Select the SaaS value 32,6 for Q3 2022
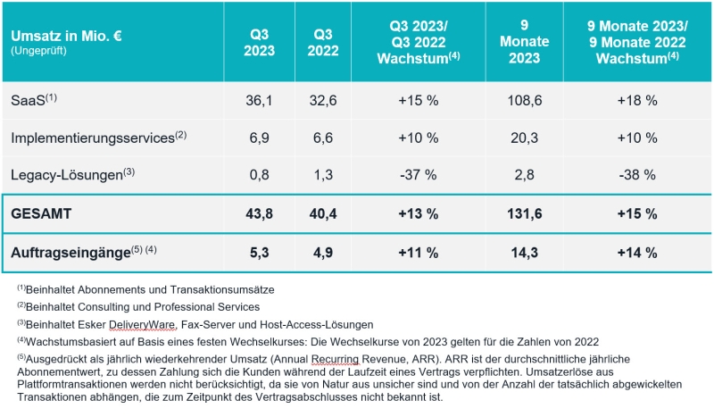pos(322,100)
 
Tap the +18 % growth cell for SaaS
pos(638,100)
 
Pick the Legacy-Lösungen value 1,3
pos(322,174)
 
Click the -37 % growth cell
pos(416,174)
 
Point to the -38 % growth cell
pos(638,174)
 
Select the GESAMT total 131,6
pos(524,214)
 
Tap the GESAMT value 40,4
pos(322,214)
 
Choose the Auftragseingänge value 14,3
pos(524,252)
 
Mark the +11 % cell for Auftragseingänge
pos(416,252)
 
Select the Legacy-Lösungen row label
pos(65,174)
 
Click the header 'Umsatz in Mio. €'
pos(68,36)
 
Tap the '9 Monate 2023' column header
pos(524,41)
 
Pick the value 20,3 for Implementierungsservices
pos(524,137)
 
